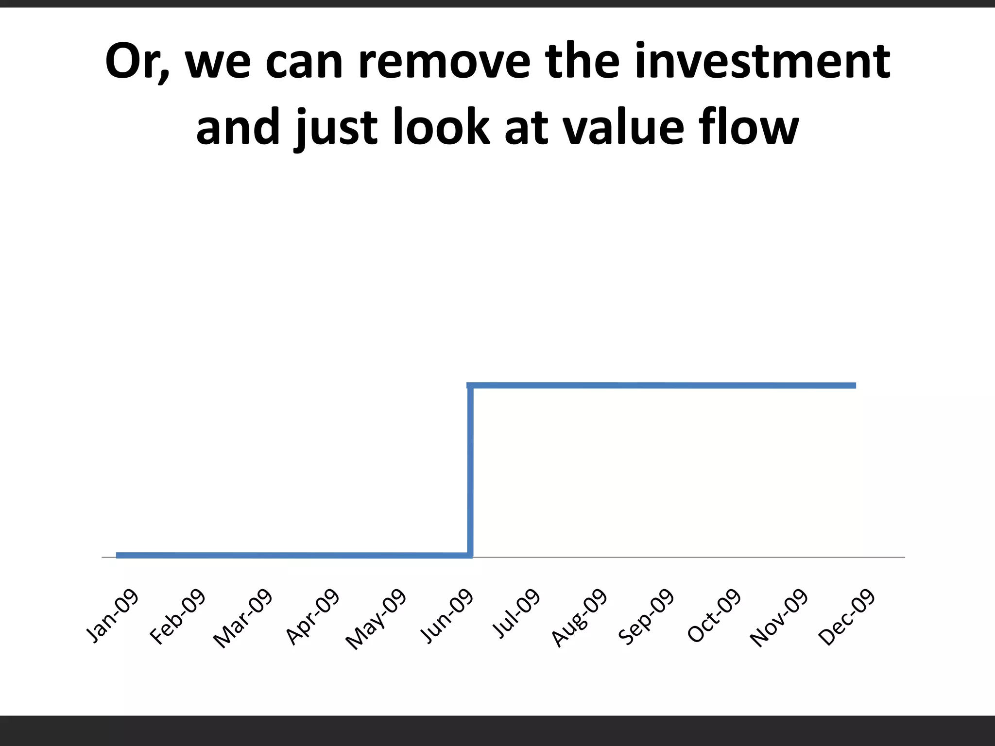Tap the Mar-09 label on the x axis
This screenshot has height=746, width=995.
243,618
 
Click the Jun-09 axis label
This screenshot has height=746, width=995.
446,615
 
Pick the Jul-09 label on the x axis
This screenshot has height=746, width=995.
516,613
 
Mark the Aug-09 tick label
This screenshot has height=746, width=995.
580,617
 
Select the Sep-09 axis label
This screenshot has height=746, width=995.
647,616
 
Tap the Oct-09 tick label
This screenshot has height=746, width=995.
714,615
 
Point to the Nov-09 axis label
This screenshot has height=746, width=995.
779,617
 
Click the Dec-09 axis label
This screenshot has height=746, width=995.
847,616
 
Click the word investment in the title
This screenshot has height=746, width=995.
762,61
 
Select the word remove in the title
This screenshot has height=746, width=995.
444,61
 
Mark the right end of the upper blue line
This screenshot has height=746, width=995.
854,386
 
